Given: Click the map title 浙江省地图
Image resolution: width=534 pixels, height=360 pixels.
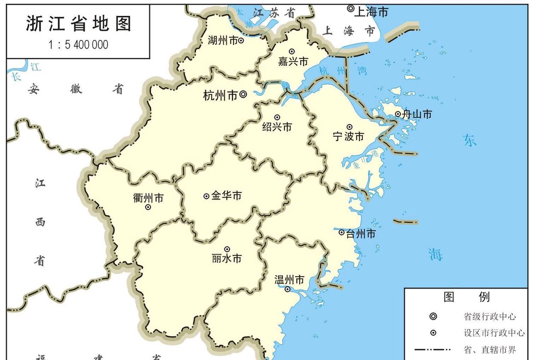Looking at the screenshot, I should (x=78, y=24).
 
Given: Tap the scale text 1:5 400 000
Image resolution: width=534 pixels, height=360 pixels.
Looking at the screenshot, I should (x=78, y=45).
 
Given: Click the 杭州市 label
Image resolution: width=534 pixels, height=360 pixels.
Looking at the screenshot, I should (x=220, y=95).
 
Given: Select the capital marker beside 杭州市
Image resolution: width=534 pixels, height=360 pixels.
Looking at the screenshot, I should (x=243, y=94).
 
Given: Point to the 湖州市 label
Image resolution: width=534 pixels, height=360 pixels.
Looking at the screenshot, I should (x=222, y=41).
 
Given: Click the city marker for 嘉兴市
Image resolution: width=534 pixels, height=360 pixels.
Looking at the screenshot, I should (x=292, y=52).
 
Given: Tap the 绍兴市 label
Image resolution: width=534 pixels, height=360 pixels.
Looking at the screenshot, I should (x=277, y=127).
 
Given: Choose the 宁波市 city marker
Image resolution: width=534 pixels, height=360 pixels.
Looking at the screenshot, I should (x=350, y=127).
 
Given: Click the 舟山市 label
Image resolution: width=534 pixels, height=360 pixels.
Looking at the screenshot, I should (x=417, y=114).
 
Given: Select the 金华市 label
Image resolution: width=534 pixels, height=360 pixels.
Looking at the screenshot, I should (x=226, y=196).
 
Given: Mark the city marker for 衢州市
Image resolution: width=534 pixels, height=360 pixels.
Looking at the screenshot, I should (x=148, y=207).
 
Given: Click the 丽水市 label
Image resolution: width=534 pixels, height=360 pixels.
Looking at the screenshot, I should (x=227, y=258).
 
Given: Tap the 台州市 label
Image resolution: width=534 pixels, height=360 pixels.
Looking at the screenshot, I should (x=361, y=234).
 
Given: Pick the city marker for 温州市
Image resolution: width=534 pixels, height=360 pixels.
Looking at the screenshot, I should (x=288, y=289).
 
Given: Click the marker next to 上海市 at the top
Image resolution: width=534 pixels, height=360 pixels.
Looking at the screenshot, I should (x=350, y=8).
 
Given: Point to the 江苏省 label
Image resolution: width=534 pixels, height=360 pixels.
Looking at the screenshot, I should (x=274, y=13).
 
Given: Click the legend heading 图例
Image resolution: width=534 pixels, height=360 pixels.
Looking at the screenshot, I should (x=466, y=297).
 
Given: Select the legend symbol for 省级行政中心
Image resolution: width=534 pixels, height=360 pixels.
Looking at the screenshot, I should (x=433, y=317).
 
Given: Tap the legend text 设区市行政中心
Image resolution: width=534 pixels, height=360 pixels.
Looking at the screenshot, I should (x=494, y=333).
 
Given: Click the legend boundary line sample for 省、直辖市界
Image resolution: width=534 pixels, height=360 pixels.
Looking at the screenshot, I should (x=433, y=349).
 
